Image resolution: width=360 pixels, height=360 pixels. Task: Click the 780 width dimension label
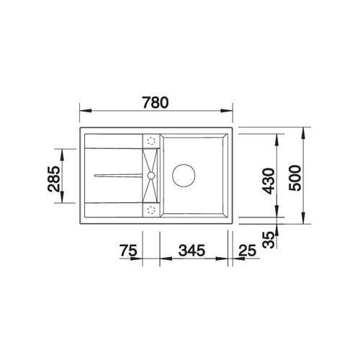pyautogui.click(x=156, y=102)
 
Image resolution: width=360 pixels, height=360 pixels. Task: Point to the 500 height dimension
pyautogui.click(x=294, y=178)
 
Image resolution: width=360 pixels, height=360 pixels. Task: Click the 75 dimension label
pyautogui.click(x=128, y=251)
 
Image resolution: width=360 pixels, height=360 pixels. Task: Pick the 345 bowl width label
pyautogui.click(x=192, y=251)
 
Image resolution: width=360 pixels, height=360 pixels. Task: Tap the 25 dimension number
pyautogui.click(x=248, y=251)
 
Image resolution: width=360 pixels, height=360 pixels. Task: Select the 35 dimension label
pyautogui.click(x=268, y=240)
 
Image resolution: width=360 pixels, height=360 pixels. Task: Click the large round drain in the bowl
pyautogui.click(x=184, y=176)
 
